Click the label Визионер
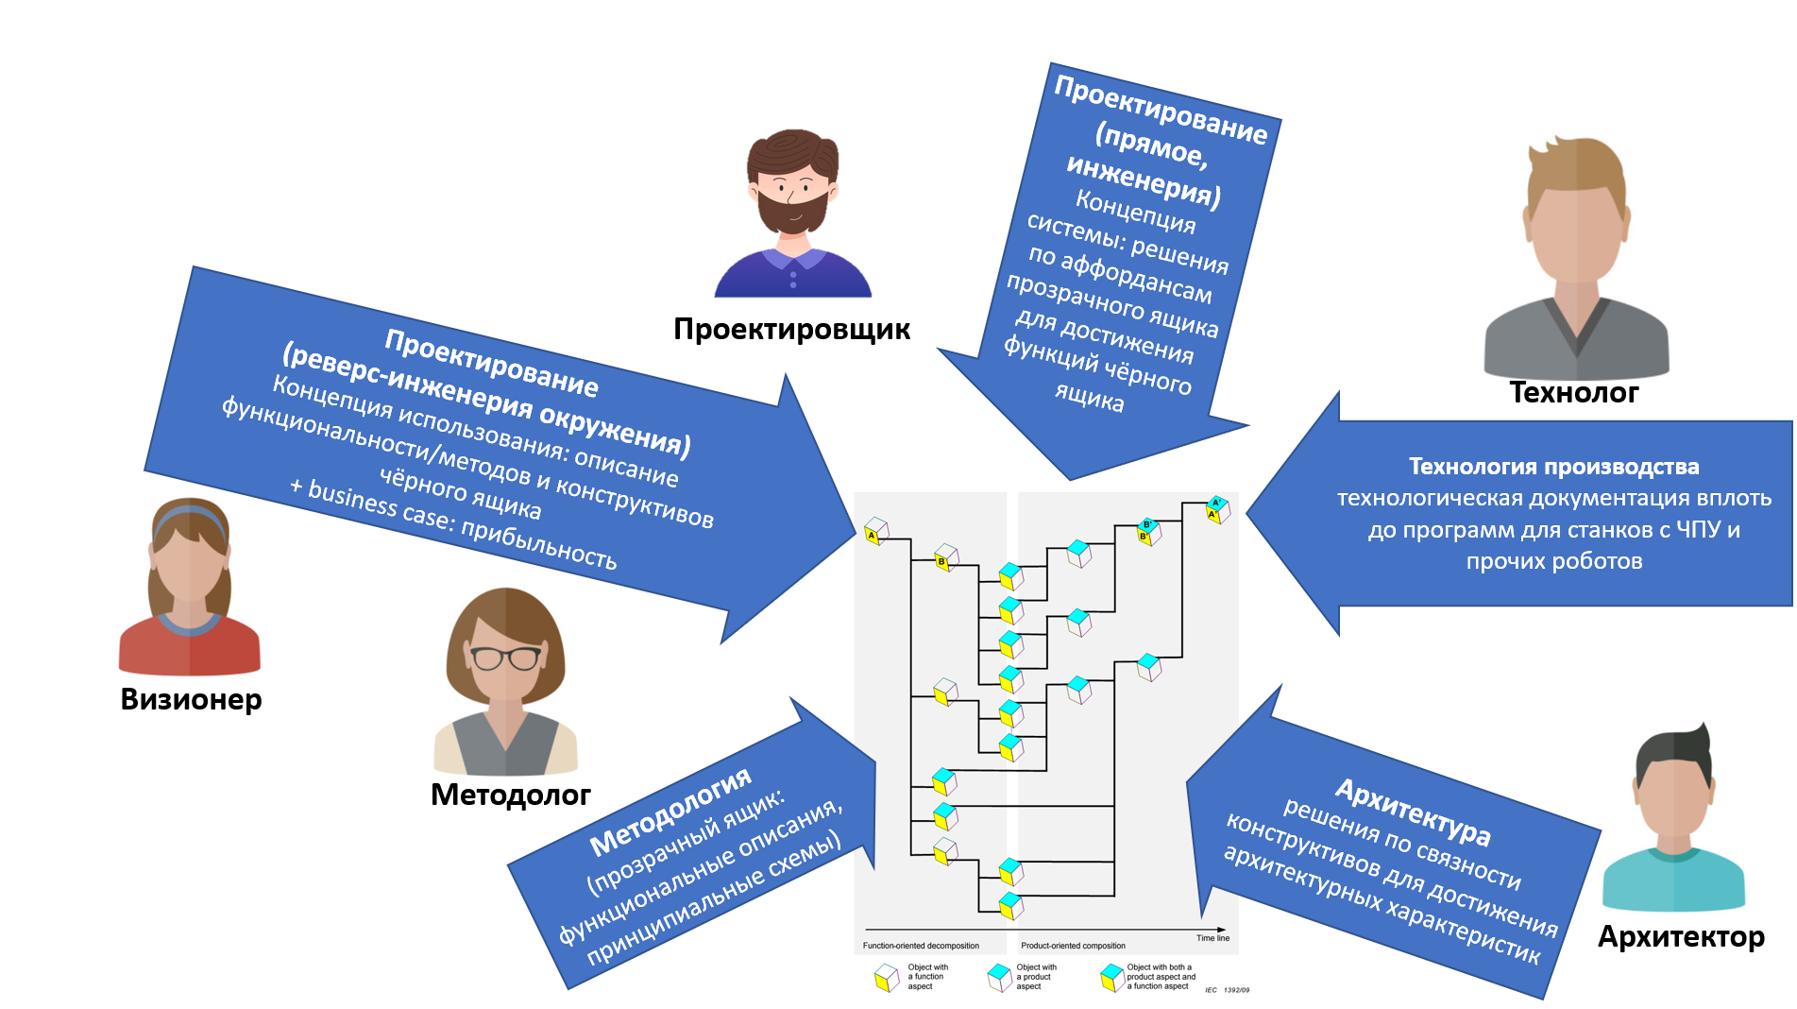(x=191, y=699)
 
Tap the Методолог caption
(x=510, y=795)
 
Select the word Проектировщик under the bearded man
(x=791, y=329)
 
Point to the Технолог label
(x=1574, y=392)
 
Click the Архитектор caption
(x=1681, y=936)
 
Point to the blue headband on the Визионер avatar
(x=189, y=515)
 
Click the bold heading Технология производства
(x=1553, y=467)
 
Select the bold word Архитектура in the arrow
(x=1413, y=812)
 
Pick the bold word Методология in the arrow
(x=670, y=812)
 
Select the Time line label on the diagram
(x=1212, y=938)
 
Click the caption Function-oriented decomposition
(x=921, y=946)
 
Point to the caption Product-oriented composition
(x=1073, y=946)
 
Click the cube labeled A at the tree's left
(x=875, y=531)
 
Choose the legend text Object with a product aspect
(x=1036, y=977)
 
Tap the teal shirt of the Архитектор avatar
(x=1673, y=883)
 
